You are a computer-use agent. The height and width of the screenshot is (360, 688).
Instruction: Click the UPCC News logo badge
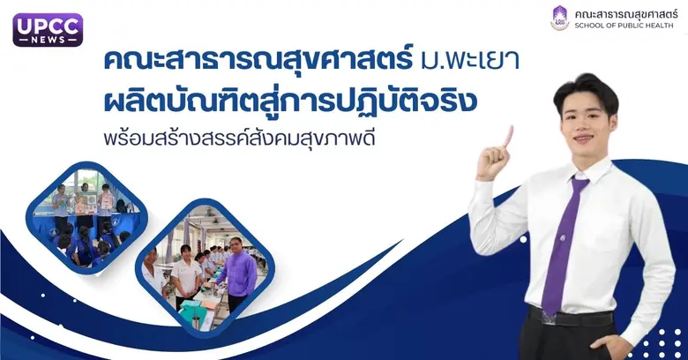pos(48,30)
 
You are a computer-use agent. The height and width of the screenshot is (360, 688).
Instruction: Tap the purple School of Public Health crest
pos(560,18)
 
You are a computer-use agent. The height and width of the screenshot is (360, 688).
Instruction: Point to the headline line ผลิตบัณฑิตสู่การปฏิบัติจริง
pos(290,101)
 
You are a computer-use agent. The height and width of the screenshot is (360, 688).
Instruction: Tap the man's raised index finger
pos(509,135)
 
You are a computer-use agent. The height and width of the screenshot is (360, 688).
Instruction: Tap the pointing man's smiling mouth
pos(581,139)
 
